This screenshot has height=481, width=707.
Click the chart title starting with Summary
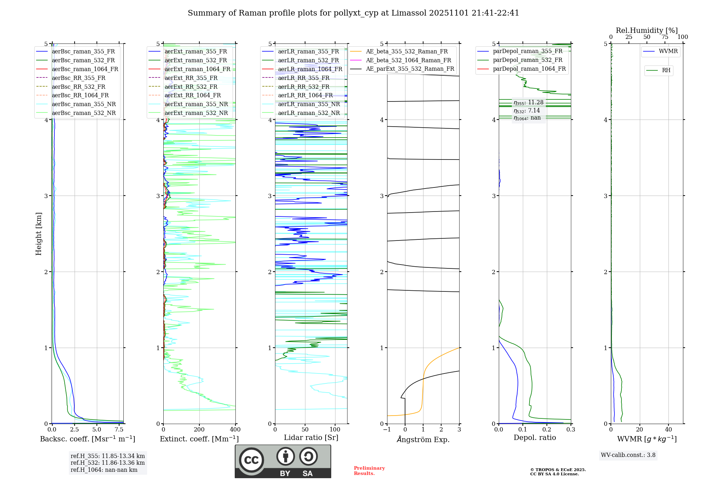pos(353,13)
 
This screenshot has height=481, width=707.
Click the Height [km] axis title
pos(39,234)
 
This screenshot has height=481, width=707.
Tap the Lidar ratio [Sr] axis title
pos(311,437)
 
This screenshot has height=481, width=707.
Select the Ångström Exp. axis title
pos(423,439)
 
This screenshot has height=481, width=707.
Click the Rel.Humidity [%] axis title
pos(647,30)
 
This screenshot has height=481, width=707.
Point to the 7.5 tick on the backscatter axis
pos(119,430)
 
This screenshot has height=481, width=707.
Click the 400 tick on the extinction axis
pos(235,430)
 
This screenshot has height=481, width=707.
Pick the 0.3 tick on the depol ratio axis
pos(571,430)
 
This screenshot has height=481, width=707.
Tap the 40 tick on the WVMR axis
pos(668,430)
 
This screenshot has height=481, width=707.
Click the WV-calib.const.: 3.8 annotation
pos(628,455)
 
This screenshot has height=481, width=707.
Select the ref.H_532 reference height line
pos(107,463)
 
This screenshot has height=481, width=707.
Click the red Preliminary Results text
pos(369,471)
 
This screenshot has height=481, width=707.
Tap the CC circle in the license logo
pos(251,460)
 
